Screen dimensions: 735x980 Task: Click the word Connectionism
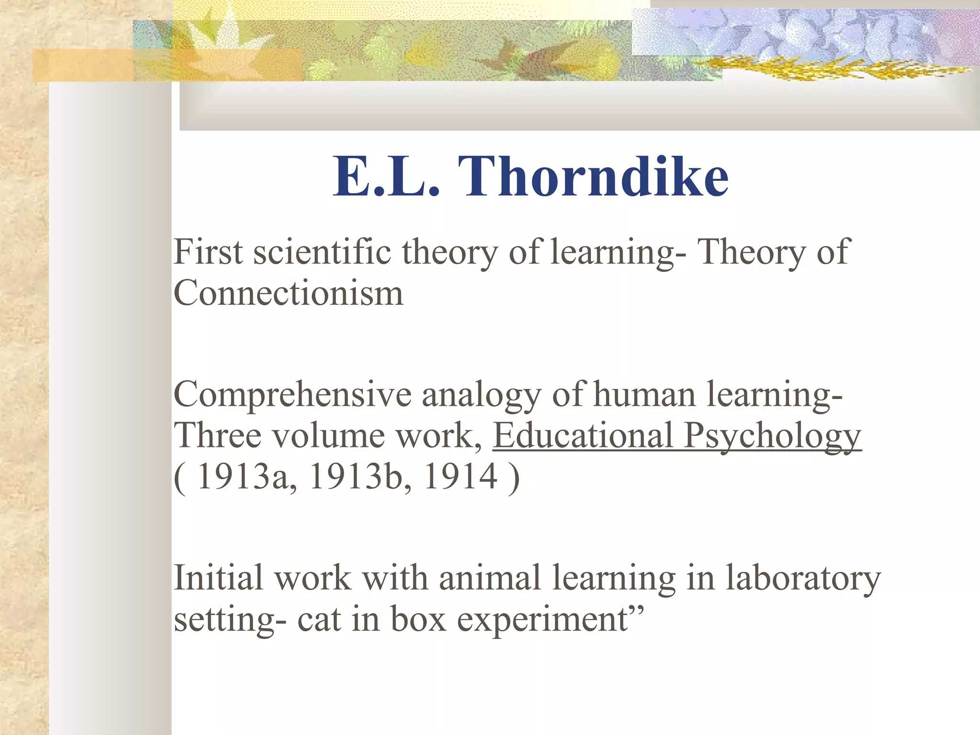[x=288, y=293]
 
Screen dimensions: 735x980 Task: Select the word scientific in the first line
[x=322, y=252]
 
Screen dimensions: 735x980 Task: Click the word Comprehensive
[x=292, y=395]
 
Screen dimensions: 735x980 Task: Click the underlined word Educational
[x=583, y=435]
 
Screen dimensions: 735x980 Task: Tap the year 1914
[x=460, y=477]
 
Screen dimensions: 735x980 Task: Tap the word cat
[x=319, y=619]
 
